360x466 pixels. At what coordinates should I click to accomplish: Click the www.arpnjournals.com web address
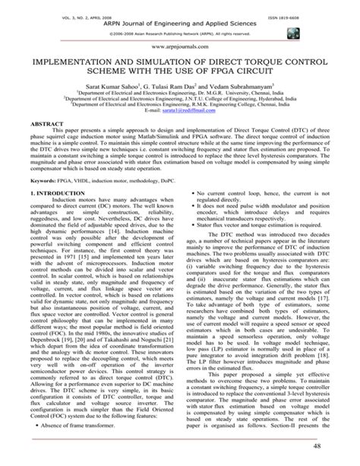pyautogui.click(x=179, y=46)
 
